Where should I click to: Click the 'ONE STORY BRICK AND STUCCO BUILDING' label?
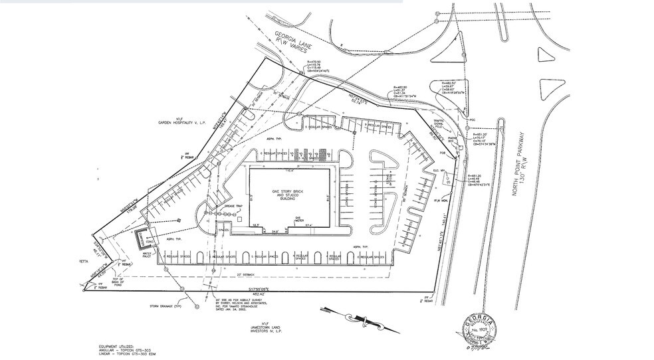[290, 195]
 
